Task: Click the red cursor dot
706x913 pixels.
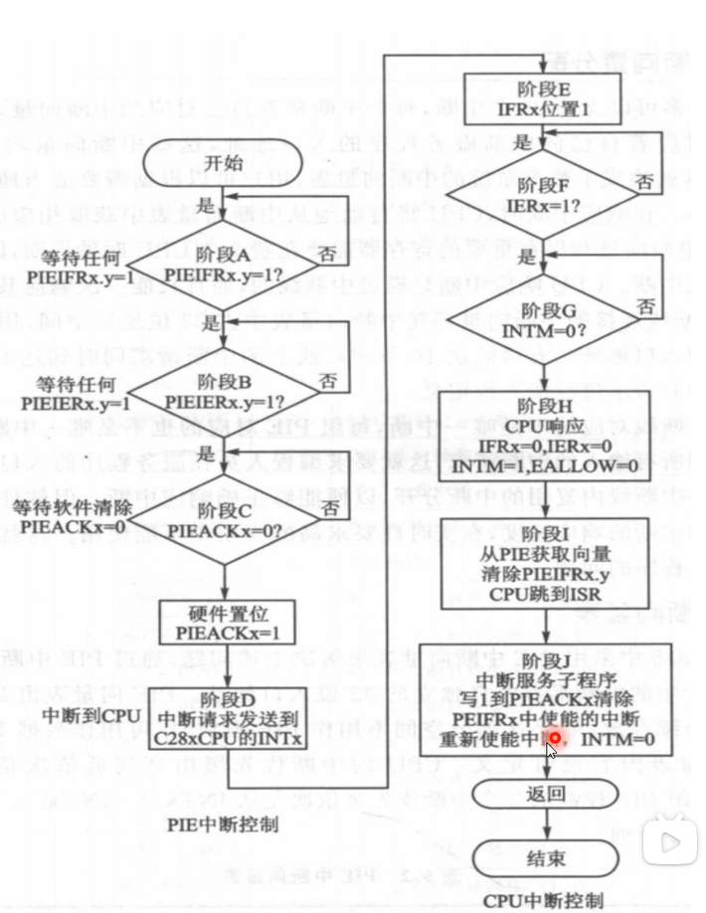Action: click(556, 738)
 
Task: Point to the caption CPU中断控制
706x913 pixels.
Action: click(543, 900)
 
